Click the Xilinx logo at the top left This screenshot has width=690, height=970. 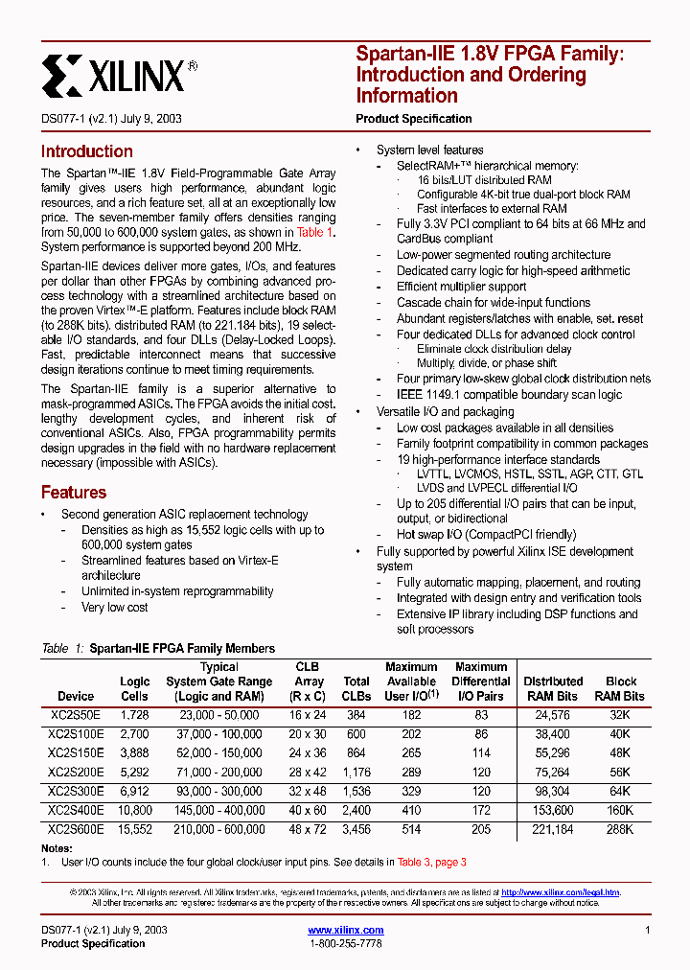point(119,74)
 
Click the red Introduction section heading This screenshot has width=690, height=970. point(86,151)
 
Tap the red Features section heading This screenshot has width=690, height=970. point(74,493)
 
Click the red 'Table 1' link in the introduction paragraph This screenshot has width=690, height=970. point(314,233)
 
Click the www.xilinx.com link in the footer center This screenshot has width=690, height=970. point(346,930)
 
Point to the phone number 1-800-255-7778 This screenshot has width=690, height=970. point(346,944)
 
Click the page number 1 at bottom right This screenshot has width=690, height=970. point(648,930)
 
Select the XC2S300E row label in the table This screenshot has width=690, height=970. point(76,792)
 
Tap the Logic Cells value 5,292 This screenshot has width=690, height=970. point(134,773)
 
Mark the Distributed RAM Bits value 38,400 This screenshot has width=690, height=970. point(553,734)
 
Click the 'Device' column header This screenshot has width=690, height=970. point(76,696)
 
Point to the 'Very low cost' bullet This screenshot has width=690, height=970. point(115,607)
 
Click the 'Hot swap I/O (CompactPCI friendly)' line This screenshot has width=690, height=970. point(487,535)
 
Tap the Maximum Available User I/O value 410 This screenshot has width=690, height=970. point(411,811)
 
